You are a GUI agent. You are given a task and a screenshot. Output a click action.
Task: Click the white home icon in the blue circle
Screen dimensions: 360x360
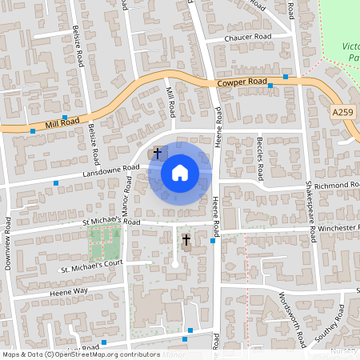(179, 173)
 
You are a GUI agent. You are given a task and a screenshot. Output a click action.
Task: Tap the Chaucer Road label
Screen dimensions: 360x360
(248, 38)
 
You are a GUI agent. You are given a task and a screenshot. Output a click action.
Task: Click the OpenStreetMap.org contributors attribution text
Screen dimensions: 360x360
(104, 354)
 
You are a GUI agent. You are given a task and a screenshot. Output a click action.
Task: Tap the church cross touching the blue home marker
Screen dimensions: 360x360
(158, 151)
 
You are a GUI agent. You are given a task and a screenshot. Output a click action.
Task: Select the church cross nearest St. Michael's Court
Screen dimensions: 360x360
(186, 238)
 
